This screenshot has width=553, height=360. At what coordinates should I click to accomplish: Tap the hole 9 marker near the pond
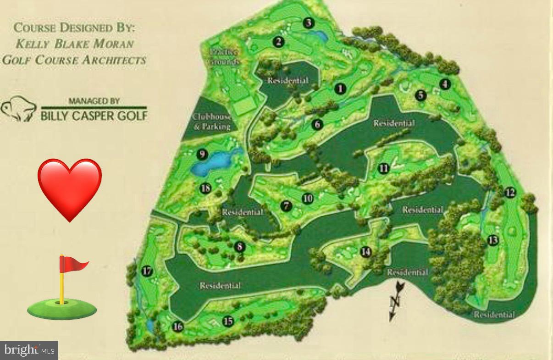pos(201,154)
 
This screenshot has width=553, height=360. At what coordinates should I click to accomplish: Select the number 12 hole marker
pos(510,193)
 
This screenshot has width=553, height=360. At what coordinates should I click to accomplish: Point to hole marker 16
pos(177,327)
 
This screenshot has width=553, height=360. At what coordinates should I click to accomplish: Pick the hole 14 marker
pos(365,252)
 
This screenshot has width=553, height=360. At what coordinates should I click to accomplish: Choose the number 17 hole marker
pos(147,271)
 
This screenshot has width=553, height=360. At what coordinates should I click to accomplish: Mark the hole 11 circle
pos(384,169)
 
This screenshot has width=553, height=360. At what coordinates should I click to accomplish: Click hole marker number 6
pos(317,124)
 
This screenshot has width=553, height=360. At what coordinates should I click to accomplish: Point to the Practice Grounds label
pos(224,57)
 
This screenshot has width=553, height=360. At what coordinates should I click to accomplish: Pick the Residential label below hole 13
pos(494,315)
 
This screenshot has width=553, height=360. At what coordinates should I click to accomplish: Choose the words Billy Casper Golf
pos(94,115)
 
